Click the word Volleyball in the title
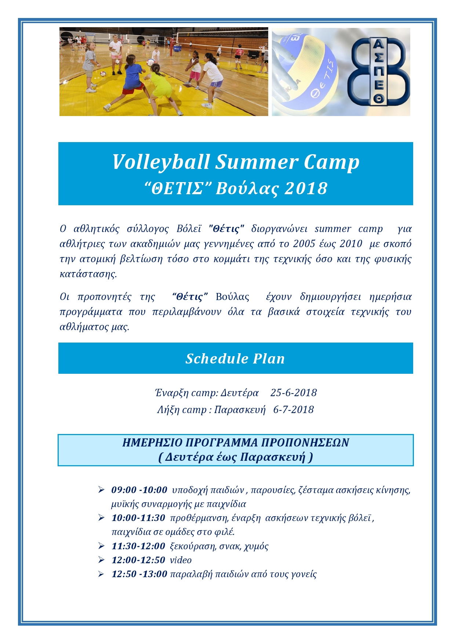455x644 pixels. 161,162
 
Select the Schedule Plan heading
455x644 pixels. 235,359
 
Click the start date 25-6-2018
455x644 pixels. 294,393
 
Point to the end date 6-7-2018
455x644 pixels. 294,410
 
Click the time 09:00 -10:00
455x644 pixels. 139,490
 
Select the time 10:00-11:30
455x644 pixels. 138,518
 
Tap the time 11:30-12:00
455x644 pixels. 138,546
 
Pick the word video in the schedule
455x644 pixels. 181,560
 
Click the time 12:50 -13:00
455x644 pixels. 139,574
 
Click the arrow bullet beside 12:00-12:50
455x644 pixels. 101,560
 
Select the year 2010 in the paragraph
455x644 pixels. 351,244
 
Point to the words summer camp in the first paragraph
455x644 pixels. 349,229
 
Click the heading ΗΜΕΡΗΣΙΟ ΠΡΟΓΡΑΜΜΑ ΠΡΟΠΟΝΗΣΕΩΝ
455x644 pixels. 236,442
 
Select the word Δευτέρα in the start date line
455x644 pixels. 240,393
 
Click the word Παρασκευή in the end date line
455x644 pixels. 240,410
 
